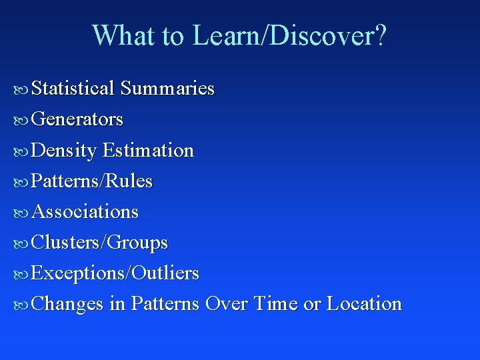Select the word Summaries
coord(167,89)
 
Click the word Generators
coord(77,119)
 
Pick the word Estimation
coord(148,151)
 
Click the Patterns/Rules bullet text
coord(92,181)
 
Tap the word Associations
coord(85,212)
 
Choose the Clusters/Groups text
coord(99,243)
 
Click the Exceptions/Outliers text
coord(115,273)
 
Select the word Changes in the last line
coord(67,304)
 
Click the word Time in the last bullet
coord(275,304)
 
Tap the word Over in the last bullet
coord(227,304)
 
